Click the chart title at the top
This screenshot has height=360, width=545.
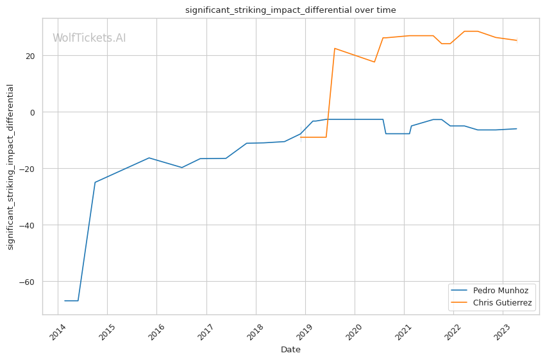tap(290, 10)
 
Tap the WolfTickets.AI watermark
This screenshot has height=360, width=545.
tap(89, 38)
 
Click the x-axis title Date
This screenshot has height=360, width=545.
tap(290, 350)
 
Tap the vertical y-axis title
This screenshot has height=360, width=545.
tap(10, 166)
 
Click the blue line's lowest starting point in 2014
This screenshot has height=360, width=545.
tap(65, 301)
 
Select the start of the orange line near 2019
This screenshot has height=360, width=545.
tap(301, 137)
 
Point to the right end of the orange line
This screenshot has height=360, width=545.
tap(517, 40)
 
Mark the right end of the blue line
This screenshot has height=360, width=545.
tap(517, 128)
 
